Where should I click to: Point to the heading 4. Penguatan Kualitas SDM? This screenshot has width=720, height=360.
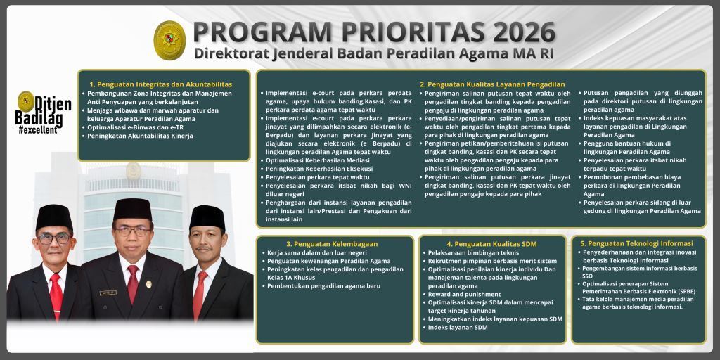click(x=491, y=243)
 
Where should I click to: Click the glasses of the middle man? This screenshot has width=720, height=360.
click(x=132, y=230)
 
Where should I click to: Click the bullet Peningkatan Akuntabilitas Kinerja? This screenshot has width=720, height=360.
click(x=141, y=136)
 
